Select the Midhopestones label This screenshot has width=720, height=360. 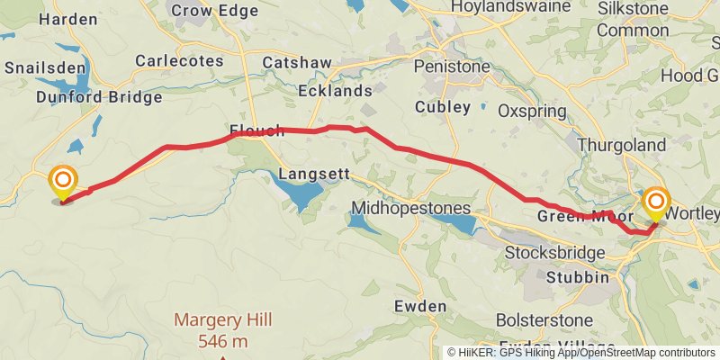point(411,208)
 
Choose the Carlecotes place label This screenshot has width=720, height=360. point(179,60)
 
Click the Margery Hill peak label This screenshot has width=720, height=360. point(222,320)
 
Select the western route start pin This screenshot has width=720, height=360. point(63,183)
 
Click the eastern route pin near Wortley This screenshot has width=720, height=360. point(656,202)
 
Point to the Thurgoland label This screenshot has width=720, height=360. point(622,145)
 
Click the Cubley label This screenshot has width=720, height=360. point(443,107)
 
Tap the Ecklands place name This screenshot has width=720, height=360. point(337,91)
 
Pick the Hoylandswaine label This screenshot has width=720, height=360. point(510,6)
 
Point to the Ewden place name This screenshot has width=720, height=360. point(420,307)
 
